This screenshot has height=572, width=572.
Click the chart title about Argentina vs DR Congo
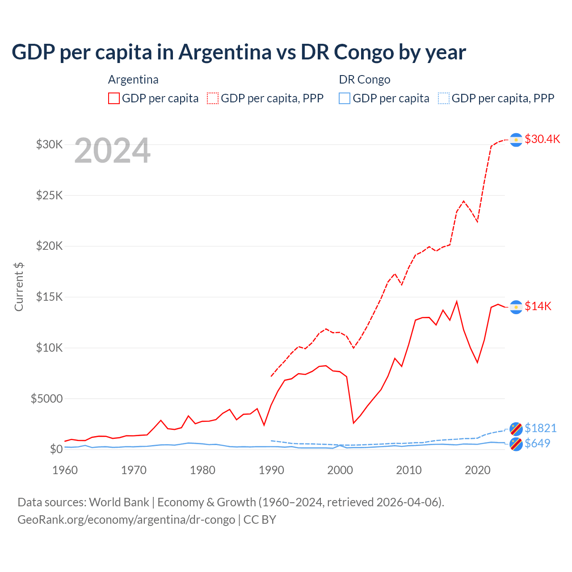click(x=239, y=52)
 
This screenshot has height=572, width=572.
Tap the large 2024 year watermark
click(x=112, y=151)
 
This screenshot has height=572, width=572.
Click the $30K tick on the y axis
click(x=50, y=144)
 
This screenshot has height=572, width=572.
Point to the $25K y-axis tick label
click(x=50, y=195)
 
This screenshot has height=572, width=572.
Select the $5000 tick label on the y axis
click(x=47, y=399)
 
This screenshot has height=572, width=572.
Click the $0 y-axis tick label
click(x=56, y=449)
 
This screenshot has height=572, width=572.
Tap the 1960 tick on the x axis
click(x=65, y=470)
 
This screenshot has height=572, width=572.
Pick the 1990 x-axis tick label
click(x=272, y=470)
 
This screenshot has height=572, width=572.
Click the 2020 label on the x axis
click(x=478, y=470)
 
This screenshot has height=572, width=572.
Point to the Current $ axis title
click(x=19, y=287)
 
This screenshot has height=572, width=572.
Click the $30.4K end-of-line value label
click(x=542, y=139)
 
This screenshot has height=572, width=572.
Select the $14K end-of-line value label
click(x=538, y=306)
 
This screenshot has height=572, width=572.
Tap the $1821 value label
click(x=541, y=428)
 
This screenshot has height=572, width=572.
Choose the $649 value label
click(x=538, y=443)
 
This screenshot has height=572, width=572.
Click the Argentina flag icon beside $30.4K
click(x=516, y=140)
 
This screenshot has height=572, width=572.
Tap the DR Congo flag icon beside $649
click(x=516, y=444)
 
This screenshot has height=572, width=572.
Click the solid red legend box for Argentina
click(x=114, y=98)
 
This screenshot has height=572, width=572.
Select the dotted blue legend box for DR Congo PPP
click(x=444, y=98)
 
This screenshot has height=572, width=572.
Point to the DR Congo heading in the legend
click(x=365, y=80)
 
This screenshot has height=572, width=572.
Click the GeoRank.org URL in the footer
click(x=126, y=520)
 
